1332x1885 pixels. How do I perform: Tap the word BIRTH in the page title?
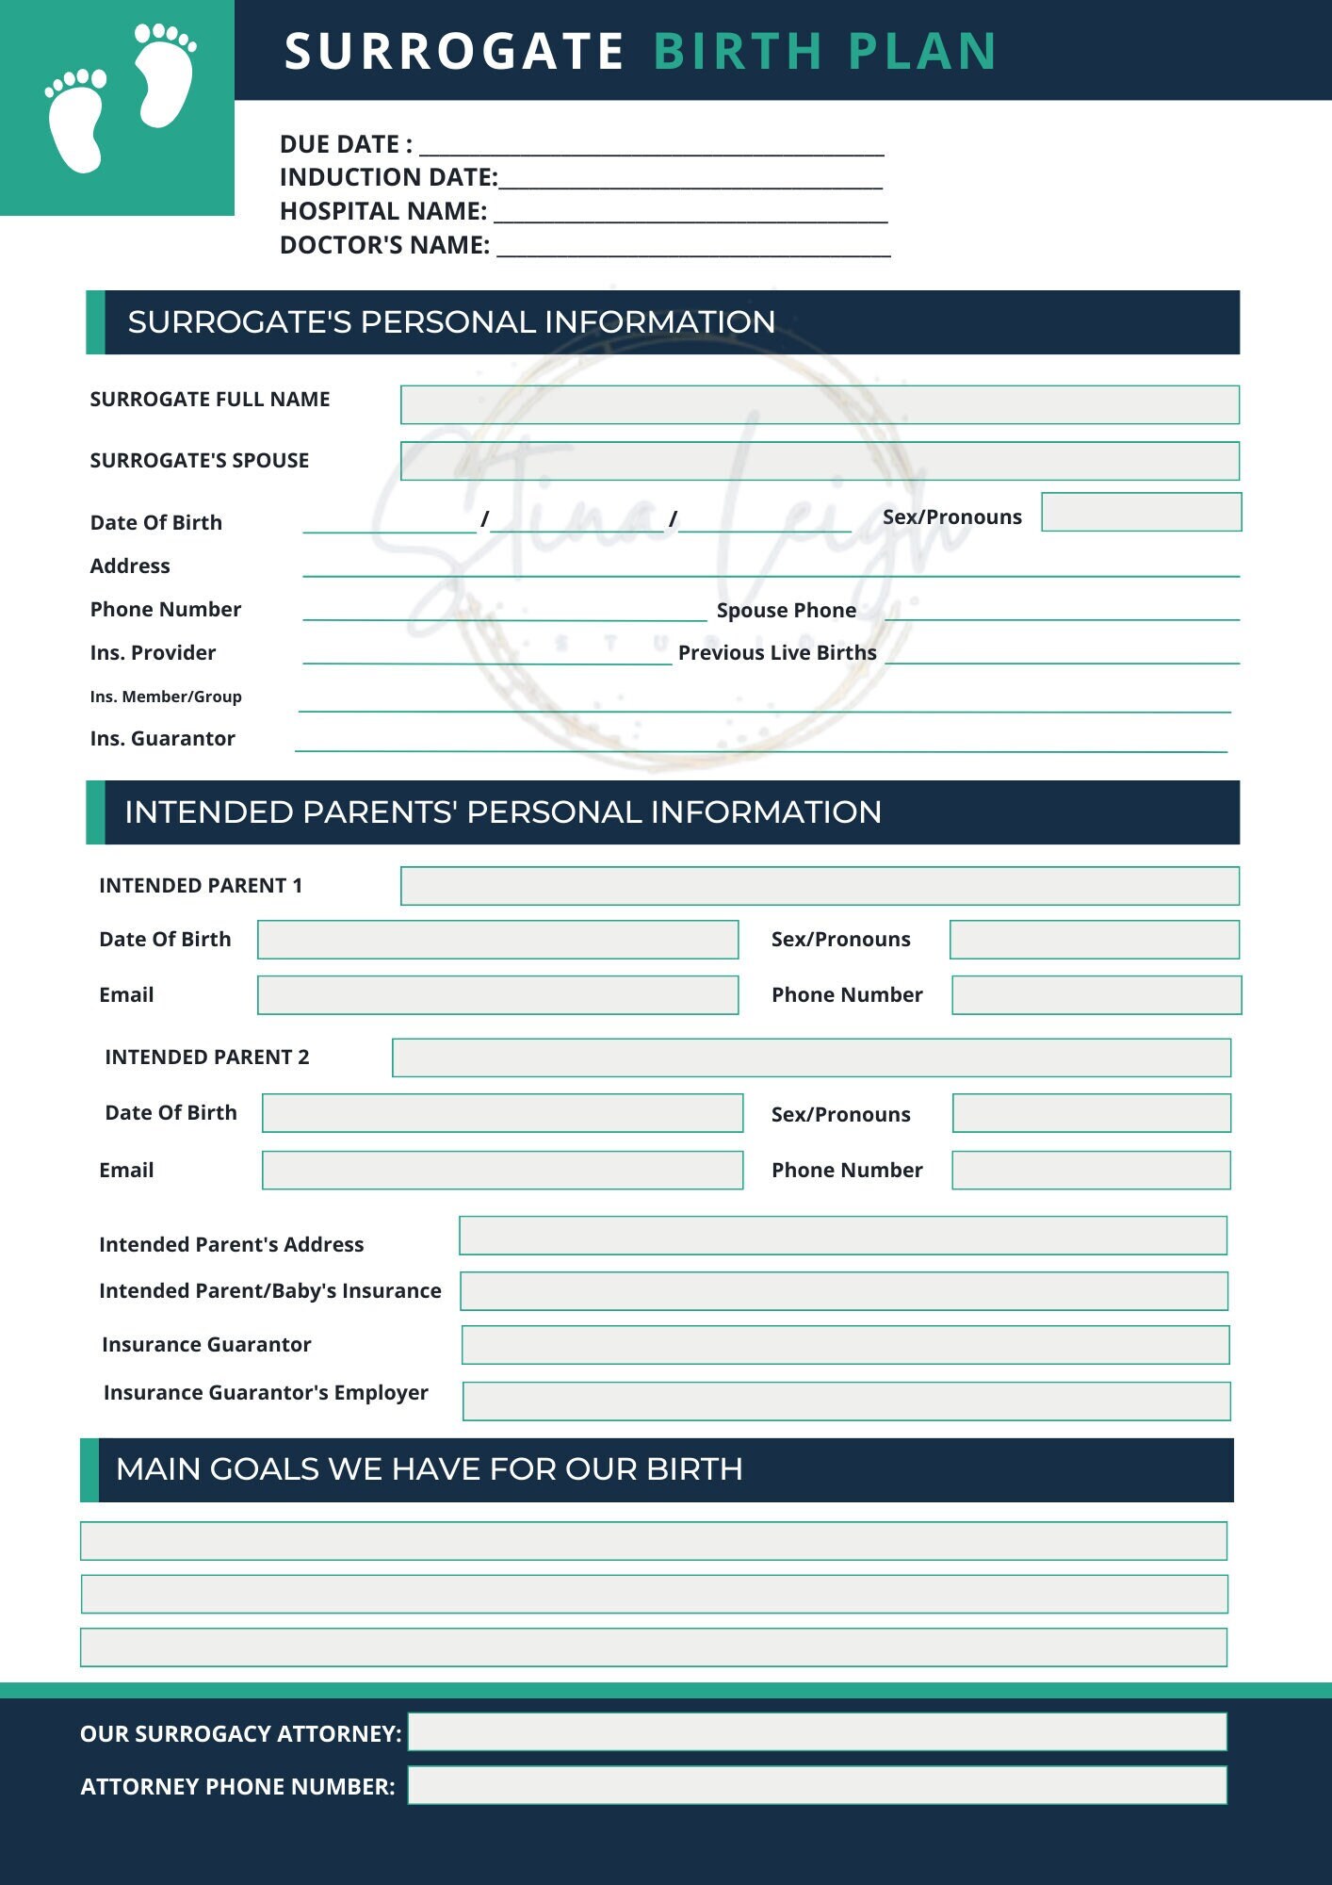[738, 51]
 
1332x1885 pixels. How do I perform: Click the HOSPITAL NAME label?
[382, 211]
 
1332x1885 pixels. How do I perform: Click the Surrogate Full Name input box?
[819, 404]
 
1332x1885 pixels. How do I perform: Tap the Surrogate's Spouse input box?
[819, 461]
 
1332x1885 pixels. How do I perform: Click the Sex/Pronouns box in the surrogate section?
[1141, 512]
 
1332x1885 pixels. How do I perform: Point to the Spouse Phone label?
[786, 610]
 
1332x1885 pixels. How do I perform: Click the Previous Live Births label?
[776, 652]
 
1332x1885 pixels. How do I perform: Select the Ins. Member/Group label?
[166, 697]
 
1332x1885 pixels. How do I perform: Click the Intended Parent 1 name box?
[819, 886]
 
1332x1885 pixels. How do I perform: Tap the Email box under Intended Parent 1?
[497, 995]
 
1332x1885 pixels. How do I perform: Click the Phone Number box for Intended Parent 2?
[1090, 1170]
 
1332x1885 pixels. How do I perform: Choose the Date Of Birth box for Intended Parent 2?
[502, 1113]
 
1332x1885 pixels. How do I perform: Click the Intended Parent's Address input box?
[842, 1236]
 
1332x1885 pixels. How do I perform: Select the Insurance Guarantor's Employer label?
[266, 1392]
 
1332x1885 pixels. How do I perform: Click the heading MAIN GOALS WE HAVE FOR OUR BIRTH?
[429, 1469]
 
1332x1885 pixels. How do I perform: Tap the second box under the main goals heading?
[654, 1594]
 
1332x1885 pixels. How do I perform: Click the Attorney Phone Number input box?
[816, 1785]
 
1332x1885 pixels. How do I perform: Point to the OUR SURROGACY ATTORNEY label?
[240, 1733]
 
